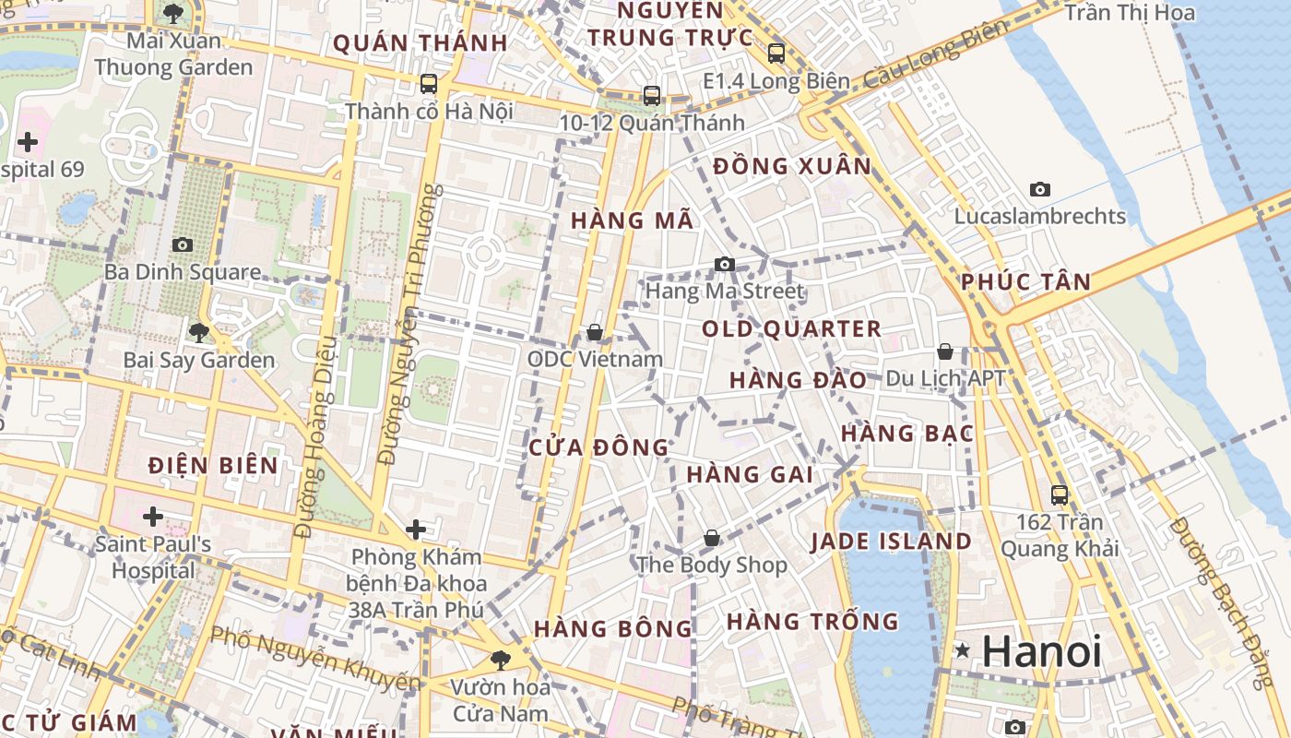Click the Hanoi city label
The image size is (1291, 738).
(1042, 652)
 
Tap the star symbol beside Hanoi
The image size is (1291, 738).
(963, 650)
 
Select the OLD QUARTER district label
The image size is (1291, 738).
(791, 329)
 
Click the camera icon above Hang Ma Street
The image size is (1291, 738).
(725, 265)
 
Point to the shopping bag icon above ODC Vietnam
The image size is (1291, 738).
(595, 332)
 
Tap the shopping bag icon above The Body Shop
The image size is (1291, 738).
(712, 538)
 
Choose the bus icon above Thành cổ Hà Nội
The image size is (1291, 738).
(428, 84)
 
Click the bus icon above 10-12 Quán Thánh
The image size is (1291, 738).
(652, 95)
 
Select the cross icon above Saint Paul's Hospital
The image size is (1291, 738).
(153, 517)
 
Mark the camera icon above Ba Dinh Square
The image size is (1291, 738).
(183, 244)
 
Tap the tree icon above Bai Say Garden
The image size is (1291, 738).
(198, 333)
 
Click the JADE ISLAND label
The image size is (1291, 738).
(891, 542)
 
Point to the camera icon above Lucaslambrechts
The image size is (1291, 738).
(1040, 190)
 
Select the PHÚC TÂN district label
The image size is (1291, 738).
(1026, 282)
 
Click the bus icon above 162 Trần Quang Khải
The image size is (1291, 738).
(1060, 495)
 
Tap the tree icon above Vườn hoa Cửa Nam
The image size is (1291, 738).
(500, 660)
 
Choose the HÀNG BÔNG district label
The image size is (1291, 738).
(612, 629)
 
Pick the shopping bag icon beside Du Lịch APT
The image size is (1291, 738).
(945, 351)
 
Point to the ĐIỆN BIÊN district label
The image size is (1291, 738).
(213, 465)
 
